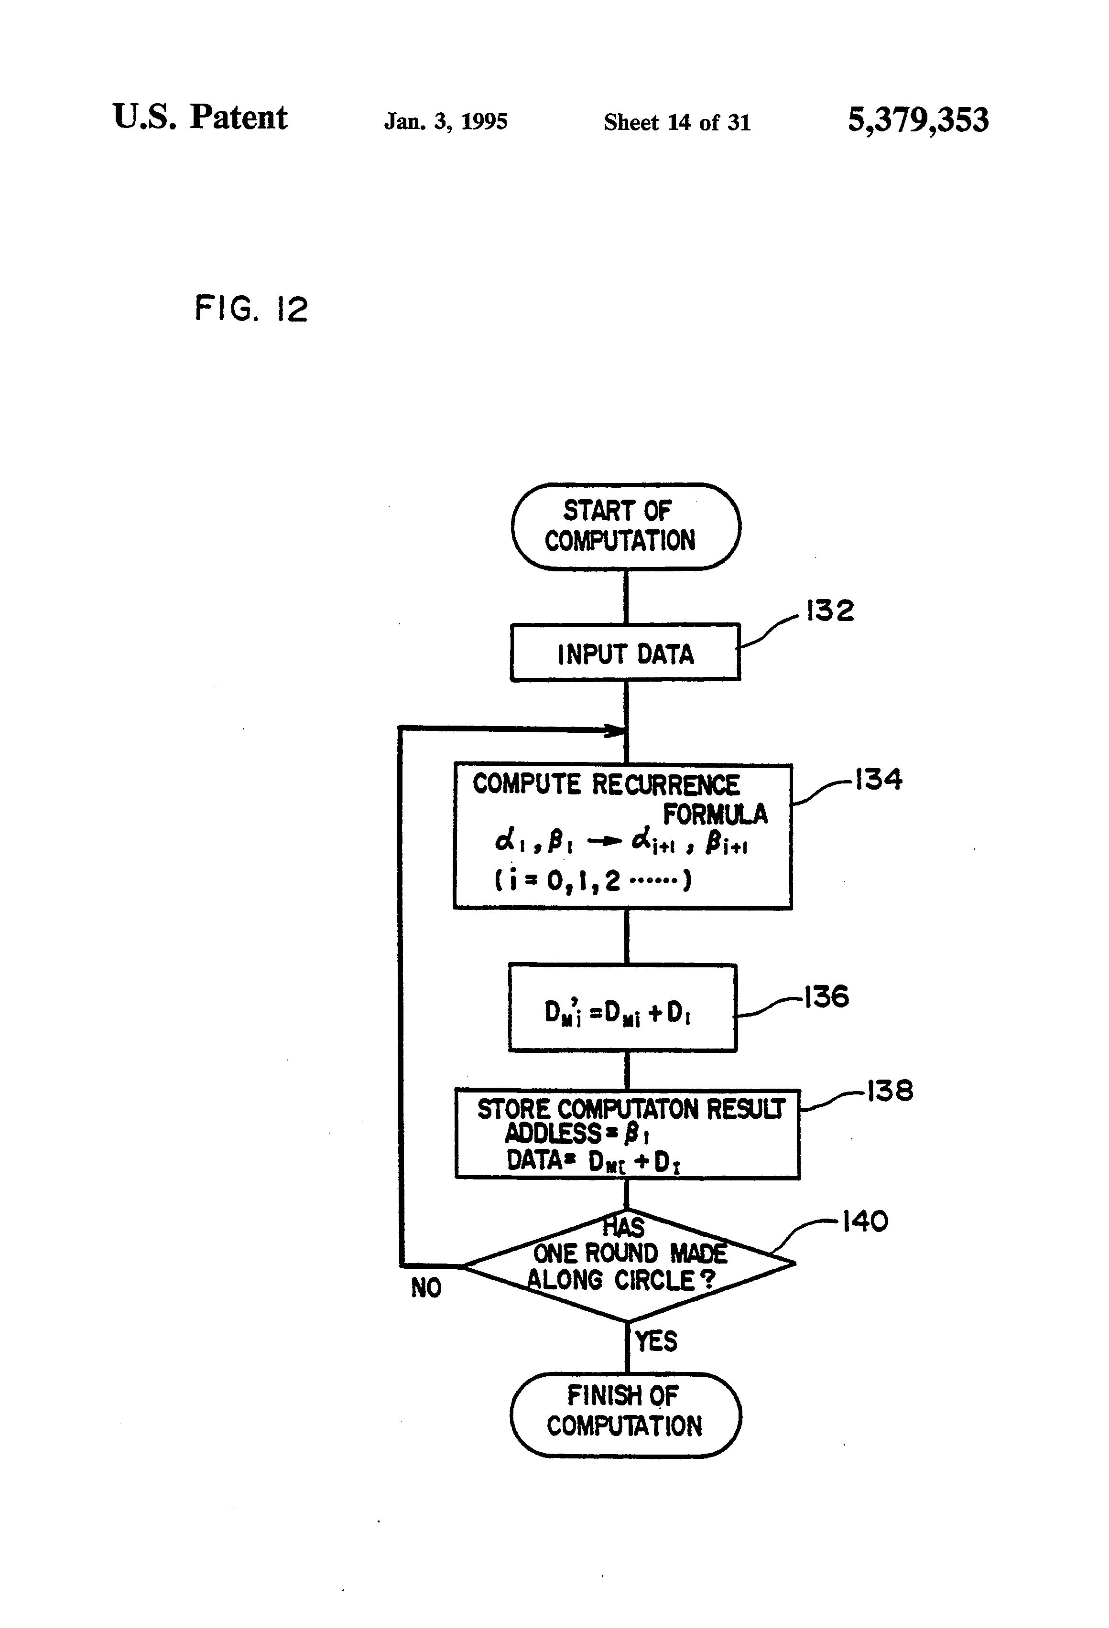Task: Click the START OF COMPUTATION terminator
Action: click(625, 525)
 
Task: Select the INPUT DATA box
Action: click(625, 653)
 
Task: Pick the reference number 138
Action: click(890, 1091)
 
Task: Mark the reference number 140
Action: click(864, 1221)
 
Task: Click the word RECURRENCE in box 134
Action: click(665, 784)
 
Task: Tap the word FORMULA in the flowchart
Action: click(715, 814)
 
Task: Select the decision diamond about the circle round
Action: click(628, 1265)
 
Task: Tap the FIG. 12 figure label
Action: click(251, 308)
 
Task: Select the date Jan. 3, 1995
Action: click(446, 122)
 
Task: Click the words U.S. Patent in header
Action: click(200, 117)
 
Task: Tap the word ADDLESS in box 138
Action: click(553, 1133)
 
